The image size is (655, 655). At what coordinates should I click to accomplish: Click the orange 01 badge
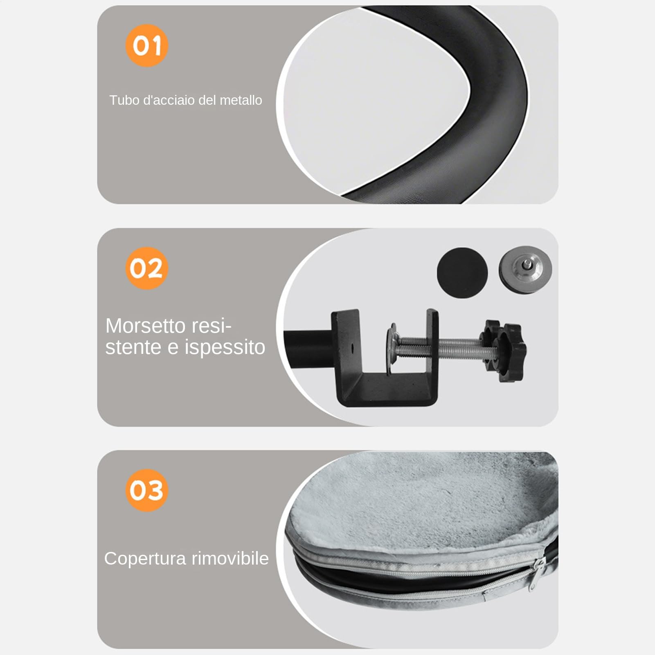point(146,45)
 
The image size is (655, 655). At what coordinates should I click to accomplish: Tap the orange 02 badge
point(146,268)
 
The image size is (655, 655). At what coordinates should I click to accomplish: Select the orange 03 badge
point(146,490)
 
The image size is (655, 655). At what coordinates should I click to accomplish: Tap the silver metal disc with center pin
point(525,270)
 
